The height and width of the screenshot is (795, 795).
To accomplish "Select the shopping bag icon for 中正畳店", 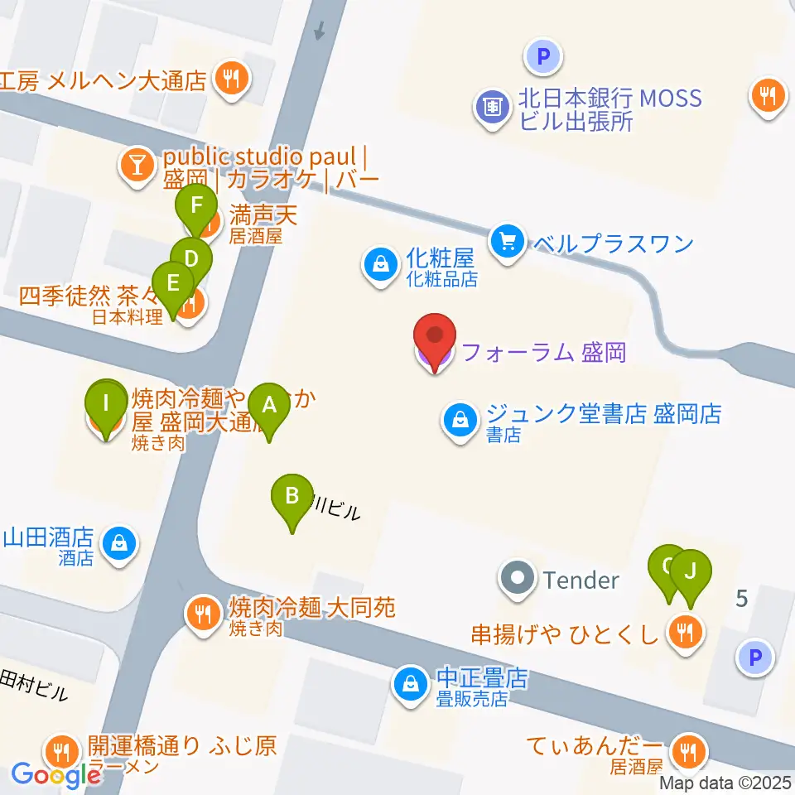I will pos(410,683).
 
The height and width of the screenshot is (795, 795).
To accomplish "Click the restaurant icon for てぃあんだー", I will pos(687,752).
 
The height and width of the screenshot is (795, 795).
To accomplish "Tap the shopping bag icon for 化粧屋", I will pos(379,266).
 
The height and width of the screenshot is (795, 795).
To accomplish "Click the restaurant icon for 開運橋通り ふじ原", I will pos(61,752).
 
